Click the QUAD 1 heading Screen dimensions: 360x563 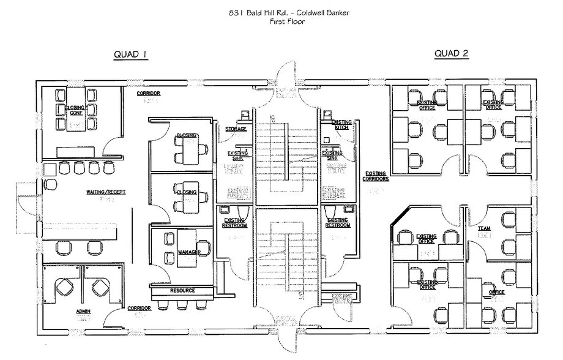(132, 54)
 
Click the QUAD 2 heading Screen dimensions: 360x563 (452, 54)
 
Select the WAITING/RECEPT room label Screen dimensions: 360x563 (106, 192)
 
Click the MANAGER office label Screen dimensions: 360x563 (186, 252)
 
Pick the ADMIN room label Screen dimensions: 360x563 (83, 312)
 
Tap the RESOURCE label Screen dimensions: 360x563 (182, 290)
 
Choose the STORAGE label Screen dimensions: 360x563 (236, 129)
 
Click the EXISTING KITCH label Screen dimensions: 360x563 (341, 125)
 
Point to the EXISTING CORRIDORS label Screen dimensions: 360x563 (376, 177)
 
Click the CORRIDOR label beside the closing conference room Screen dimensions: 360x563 (149, 93)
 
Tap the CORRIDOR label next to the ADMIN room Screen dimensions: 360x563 (140, 309)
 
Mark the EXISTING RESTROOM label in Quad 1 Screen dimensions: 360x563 (234, 223)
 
